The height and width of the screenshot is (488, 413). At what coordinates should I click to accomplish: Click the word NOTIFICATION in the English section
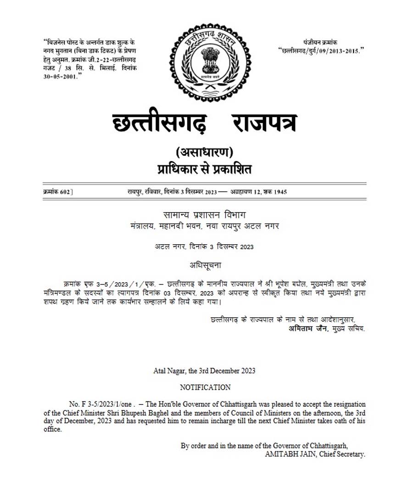205,387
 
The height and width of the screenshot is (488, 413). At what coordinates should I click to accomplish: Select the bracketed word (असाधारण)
205,152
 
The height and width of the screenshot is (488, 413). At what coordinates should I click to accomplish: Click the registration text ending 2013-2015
321,50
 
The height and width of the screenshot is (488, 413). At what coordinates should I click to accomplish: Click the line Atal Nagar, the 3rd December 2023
205,370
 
